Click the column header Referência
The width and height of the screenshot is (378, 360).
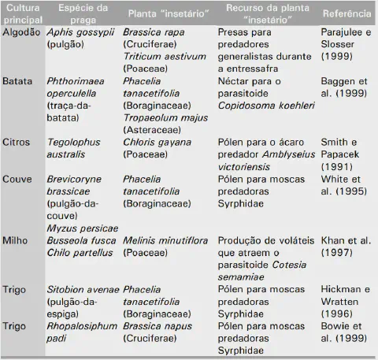(347, 17)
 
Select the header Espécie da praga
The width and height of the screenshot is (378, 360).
(77, 17)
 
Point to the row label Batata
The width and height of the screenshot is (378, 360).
(18, 80)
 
